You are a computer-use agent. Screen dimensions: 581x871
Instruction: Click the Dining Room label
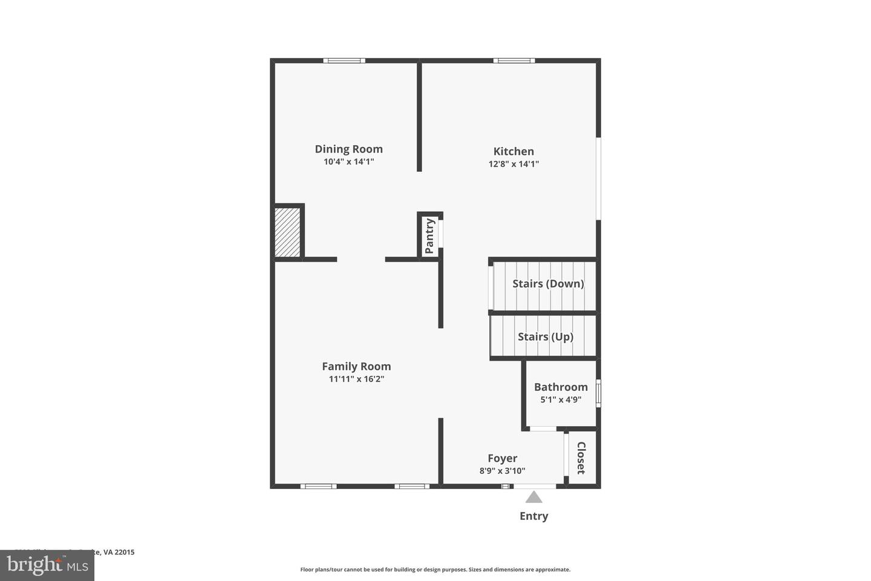(x=348, y=149)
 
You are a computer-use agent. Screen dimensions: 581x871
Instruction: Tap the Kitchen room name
(x=514, y=151)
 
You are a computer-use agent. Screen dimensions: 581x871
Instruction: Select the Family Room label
(x=356, y=366)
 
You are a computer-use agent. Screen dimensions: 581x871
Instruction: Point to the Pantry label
(x=429, y=236)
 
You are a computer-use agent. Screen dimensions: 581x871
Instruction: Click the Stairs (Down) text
(x=548, y=283)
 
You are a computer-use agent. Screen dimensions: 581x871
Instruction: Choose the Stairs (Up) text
(x=545, y=336)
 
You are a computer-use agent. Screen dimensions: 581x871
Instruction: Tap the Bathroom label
(x=561, y=387)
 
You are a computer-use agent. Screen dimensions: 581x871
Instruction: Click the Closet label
(x=581, y=458)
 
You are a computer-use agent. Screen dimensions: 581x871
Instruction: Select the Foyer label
(x=502, y=458)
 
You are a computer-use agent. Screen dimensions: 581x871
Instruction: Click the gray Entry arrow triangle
(x=533, y=497)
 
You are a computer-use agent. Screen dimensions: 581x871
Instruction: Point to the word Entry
(x=533, y=516)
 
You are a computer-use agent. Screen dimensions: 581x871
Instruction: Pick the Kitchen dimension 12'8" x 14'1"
(x=514, y=164)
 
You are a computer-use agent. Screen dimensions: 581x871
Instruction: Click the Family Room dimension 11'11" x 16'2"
(x=356, y=379)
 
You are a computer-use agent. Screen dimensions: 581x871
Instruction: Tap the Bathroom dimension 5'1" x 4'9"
(x=561, y=399)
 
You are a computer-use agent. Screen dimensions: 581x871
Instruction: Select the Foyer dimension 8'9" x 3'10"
(x=502, y=471)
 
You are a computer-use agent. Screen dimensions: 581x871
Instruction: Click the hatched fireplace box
(x=287, y=232)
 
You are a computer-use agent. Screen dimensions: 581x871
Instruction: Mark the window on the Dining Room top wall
(x=344, y=61)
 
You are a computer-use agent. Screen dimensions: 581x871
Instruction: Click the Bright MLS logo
(x=47, y=565)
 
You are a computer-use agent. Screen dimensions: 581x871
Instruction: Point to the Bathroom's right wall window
(x=598, y=392)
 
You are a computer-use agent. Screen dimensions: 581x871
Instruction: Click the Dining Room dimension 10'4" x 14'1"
(x=348, y=162)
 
